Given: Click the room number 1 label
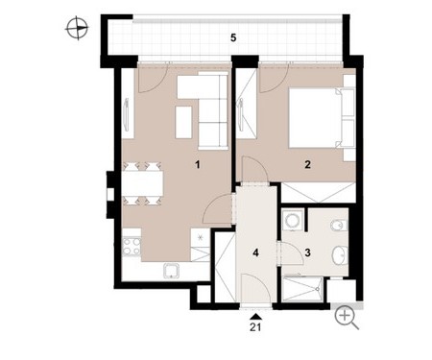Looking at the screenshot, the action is coord(198,165).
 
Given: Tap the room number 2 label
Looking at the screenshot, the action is coord(307,165).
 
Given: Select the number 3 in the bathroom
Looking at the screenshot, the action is coord(307,252).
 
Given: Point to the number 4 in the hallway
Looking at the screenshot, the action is coord(255,252).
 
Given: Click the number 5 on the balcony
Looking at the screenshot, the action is coord(233,37).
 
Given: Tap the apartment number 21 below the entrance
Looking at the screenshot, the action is coord(255,327).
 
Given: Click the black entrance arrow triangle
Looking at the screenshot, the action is coord(255,317).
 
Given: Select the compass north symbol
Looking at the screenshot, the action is coord(77,29).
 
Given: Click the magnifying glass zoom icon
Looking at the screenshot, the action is coord(347,318).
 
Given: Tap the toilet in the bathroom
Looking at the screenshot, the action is coord(339,226).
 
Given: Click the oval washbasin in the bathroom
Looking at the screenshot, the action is coord(340,255).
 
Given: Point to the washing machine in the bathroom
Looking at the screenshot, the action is coord(293,219).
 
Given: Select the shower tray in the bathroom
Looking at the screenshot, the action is coord(302,289).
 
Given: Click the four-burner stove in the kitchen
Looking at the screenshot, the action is coord(132,246).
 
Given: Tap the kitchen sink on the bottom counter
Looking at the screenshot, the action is coord(172,272).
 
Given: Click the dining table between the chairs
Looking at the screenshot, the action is coord(143,183).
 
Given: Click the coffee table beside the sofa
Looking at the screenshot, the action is coord(183,122).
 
